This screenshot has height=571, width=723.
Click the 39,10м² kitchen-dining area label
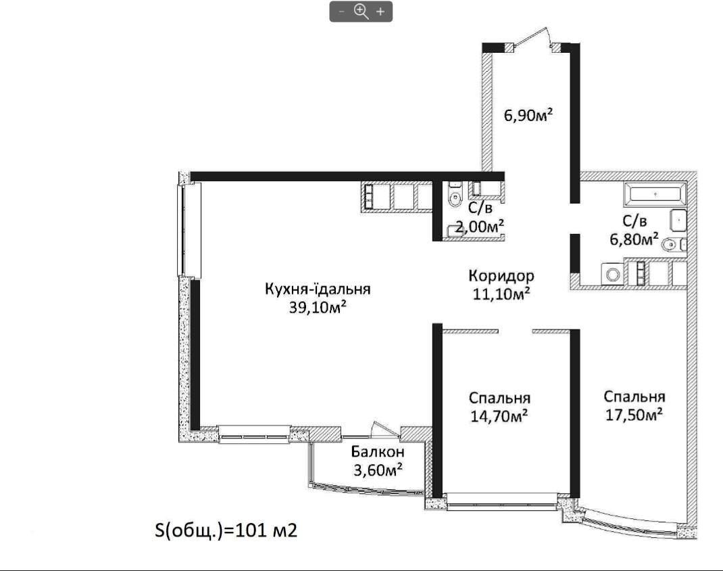318,307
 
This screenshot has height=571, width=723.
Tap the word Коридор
501,276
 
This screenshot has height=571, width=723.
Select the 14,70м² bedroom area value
499,416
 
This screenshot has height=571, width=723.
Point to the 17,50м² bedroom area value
634,414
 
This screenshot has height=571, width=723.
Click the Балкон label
378,451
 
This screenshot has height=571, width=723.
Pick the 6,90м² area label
528,114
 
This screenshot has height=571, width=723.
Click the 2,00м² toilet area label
480,226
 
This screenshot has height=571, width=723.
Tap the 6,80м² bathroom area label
634,239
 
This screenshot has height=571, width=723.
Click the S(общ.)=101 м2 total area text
226,530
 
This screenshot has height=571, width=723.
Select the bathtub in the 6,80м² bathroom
655,194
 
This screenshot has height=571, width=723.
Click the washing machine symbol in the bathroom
613,275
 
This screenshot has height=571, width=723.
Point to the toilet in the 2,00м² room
455,196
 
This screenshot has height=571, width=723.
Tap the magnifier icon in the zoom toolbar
361,11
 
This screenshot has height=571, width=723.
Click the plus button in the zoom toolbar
380,12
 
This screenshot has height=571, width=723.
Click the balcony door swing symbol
385,429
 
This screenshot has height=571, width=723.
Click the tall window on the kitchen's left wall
189,230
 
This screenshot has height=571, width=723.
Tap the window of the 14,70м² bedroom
501,501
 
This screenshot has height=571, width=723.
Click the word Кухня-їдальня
318,289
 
